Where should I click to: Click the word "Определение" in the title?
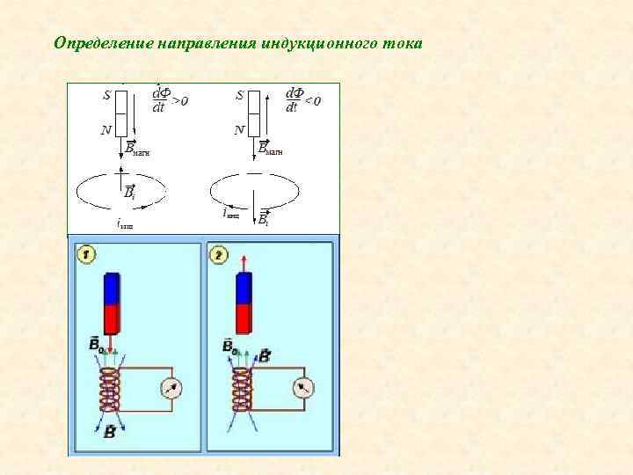pos(104,42)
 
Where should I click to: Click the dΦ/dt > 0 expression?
pos(169,99)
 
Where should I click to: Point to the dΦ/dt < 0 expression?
pos(302,99)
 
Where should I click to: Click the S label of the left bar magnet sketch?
pos(107,96)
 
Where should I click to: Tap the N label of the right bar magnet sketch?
pos(239,130)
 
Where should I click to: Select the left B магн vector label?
pos(138,148)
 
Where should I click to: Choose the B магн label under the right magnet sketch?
pos(272,148)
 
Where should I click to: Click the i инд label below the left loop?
pos(125,224)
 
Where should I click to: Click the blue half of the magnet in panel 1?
pos(112,289)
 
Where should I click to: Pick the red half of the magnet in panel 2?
pos(244,318)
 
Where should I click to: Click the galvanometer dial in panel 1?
pos(170,388)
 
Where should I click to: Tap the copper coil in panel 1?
pos(110,390)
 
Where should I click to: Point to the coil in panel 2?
pos(242,390)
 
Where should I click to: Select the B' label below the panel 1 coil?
pos(110,432)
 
